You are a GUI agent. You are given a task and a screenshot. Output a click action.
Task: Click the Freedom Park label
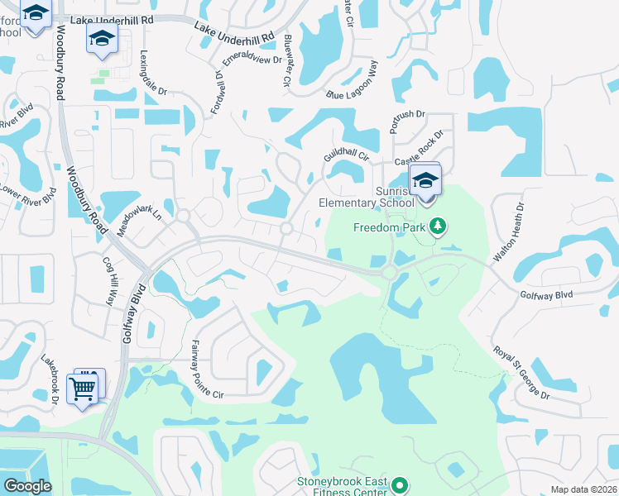389,227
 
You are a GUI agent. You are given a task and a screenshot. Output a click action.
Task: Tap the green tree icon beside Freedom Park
439,226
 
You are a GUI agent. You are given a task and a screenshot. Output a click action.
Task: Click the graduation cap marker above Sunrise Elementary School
425,181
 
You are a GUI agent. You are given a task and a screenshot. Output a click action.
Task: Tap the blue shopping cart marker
84,387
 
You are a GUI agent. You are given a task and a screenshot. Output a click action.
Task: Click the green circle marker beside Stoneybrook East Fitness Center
400,485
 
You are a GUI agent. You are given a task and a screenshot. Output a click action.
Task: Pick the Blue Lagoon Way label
351,86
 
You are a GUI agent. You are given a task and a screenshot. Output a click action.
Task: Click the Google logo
27,486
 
